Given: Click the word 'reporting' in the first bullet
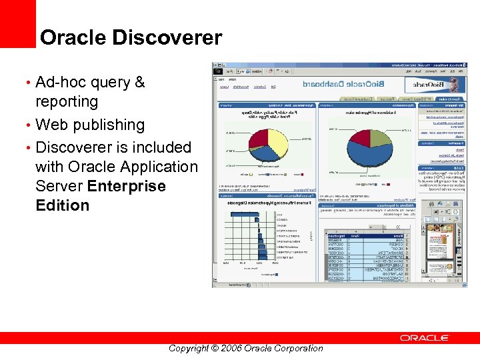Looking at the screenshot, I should [67, 102].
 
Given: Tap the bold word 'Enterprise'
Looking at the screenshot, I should [126, 186].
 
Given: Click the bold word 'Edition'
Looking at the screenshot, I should [62, 205].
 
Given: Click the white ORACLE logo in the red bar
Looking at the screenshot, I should [424, 338].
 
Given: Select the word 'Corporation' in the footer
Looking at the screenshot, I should [293, 348].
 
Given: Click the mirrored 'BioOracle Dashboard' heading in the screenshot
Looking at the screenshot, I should [333, 85].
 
